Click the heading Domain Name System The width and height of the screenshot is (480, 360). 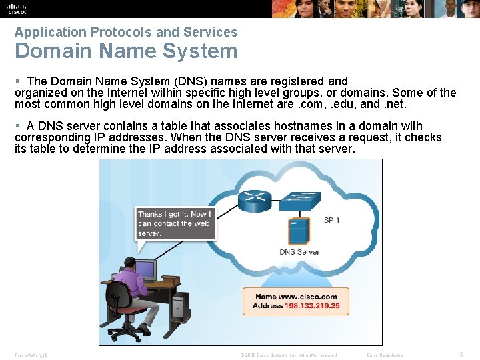coord(126,51)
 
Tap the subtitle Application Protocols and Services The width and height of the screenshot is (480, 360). coord(126,32)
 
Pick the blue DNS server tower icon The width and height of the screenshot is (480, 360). coord(299,231)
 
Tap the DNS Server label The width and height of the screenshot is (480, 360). coord(299,252)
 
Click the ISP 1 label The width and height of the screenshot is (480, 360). coord(331,219)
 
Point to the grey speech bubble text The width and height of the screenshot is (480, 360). coord(173,223)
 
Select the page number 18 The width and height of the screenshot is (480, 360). coord(461,355)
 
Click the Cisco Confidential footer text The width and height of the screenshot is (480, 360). coord(385,355)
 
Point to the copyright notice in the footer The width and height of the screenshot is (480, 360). coord(288,355)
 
